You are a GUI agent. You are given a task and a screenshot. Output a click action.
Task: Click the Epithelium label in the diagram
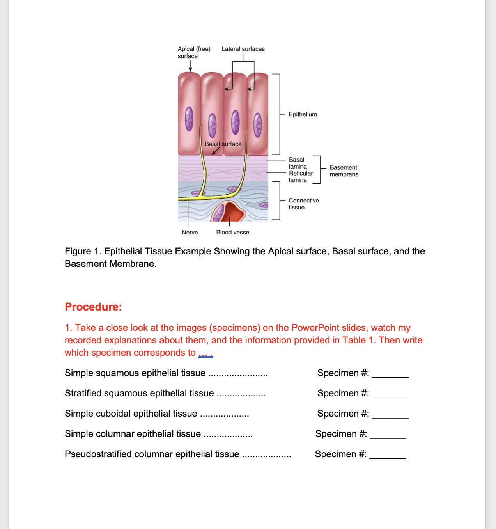click(x=303, y=114)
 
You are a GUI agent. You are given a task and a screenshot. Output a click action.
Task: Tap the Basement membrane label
click(x=344, y=171)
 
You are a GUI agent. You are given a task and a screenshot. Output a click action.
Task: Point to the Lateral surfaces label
click(x=243, y=49)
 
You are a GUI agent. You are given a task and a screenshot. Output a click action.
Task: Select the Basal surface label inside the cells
click(x=223, y=144)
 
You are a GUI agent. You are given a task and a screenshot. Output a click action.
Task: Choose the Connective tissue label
click(x=303, y=204)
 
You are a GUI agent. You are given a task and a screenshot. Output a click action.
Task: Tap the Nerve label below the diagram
click(x=190, y=233)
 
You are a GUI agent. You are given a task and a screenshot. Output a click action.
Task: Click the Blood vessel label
click(x=233, y=233)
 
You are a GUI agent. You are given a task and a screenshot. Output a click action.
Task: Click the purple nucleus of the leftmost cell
click(x=189, y=119)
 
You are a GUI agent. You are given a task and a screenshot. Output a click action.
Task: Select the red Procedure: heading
click(x=93, y=307)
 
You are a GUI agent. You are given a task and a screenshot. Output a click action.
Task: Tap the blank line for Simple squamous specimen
click(x=390, y=375)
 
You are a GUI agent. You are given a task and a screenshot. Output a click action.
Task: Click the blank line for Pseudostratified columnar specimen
click(x=387, y=456)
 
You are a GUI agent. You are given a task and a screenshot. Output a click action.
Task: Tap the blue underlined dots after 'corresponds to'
click(x=205, y=353)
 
